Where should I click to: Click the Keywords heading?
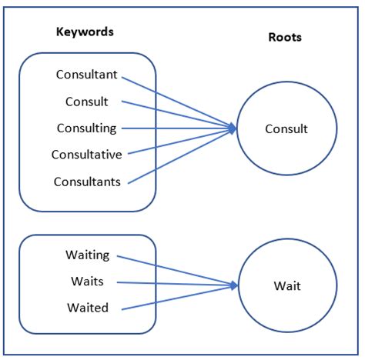pyautogui.click(x=85, y=32)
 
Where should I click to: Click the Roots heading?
pyautogui.click(x=285, y=37)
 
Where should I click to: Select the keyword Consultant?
pyautogui.click(x=87, y=75)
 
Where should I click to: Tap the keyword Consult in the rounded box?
pyautogui.click(x=87, y=102)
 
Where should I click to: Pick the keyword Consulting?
pyautogui.click(x=87, y=128)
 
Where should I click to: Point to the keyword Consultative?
pyautogui.click(x=87, y=155)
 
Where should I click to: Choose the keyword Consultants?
pyautogui.click(x=87, y=182)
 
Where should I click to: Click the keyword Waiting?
pyautogui.click(x=88, y=255)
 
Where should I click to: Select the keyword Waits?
pyautogui.click(x=87, y=282)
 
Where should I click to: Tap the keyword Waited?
pyautogui.click(x=88, y=308)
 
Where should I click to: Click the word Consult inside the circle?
pyautogui.click(x=286, y=129)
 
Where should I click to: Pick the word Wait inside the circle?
pyautogui.click(x=287, y=286)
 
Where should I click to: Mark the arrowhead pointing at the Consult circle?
pyautogui.click(x=233, y=128)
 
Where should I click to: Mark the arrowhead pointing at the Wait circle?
pyautogui.click(x=234, y=285)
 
